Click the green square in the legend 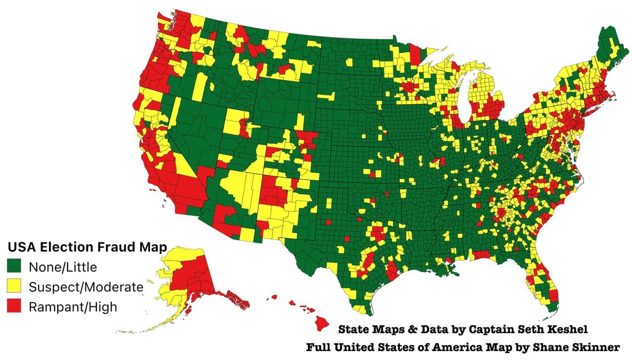[14, 267]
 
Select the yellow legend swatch [14, 287]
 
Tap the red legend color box [14, 307]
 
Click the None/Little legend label [63, 267]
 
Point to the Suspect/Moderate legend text [86, 287]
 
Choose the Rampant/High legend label [73, 307]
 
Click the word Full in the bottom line [317, 348]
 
